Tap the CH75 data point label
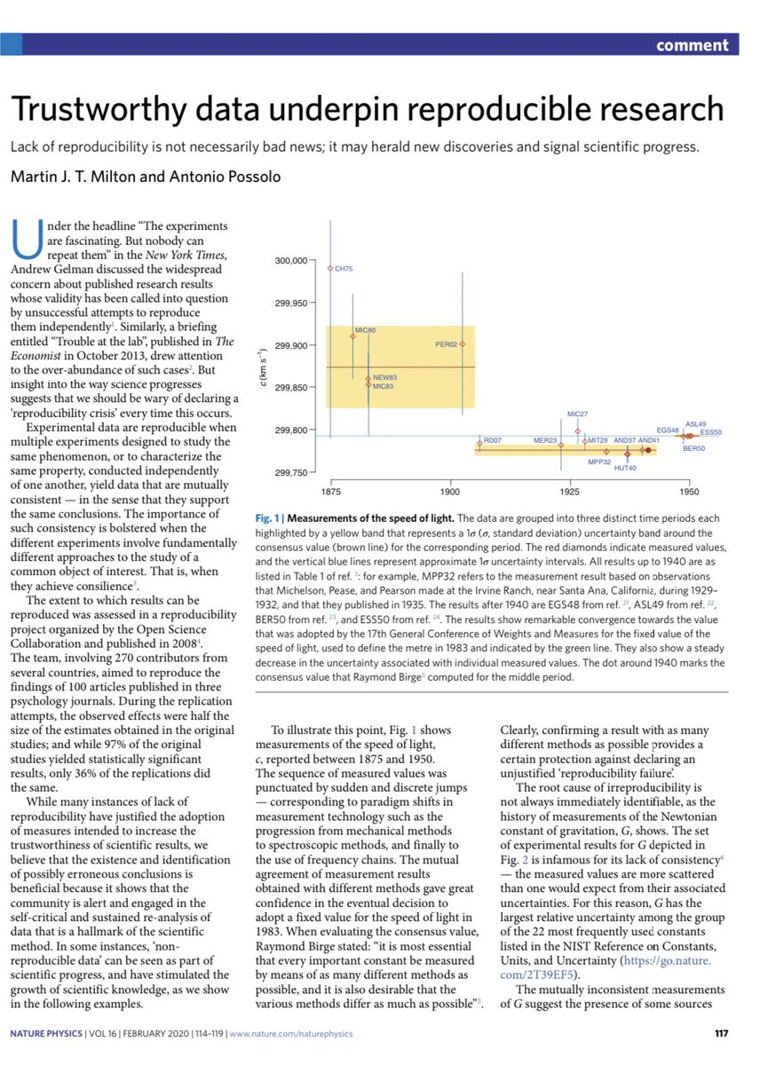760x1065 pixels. pyautogui.click(x=344, y=268)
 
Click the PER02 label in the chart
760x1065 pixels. pyautogui.click(x=446, y=343)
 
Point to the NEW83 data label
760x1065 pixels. pyautogui.click(x=384, y=378)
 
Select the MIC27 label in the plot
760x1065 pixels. pyautogui.click(x=577, y=414)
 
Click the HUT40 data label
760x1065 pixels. pyautogui.click(x=626, y=468)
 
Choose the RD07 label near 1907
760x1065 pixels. pyautogui.click(x=493, y=440)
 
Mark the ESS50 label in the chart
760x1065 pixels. pyautogui.click(x=710, y=432)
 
